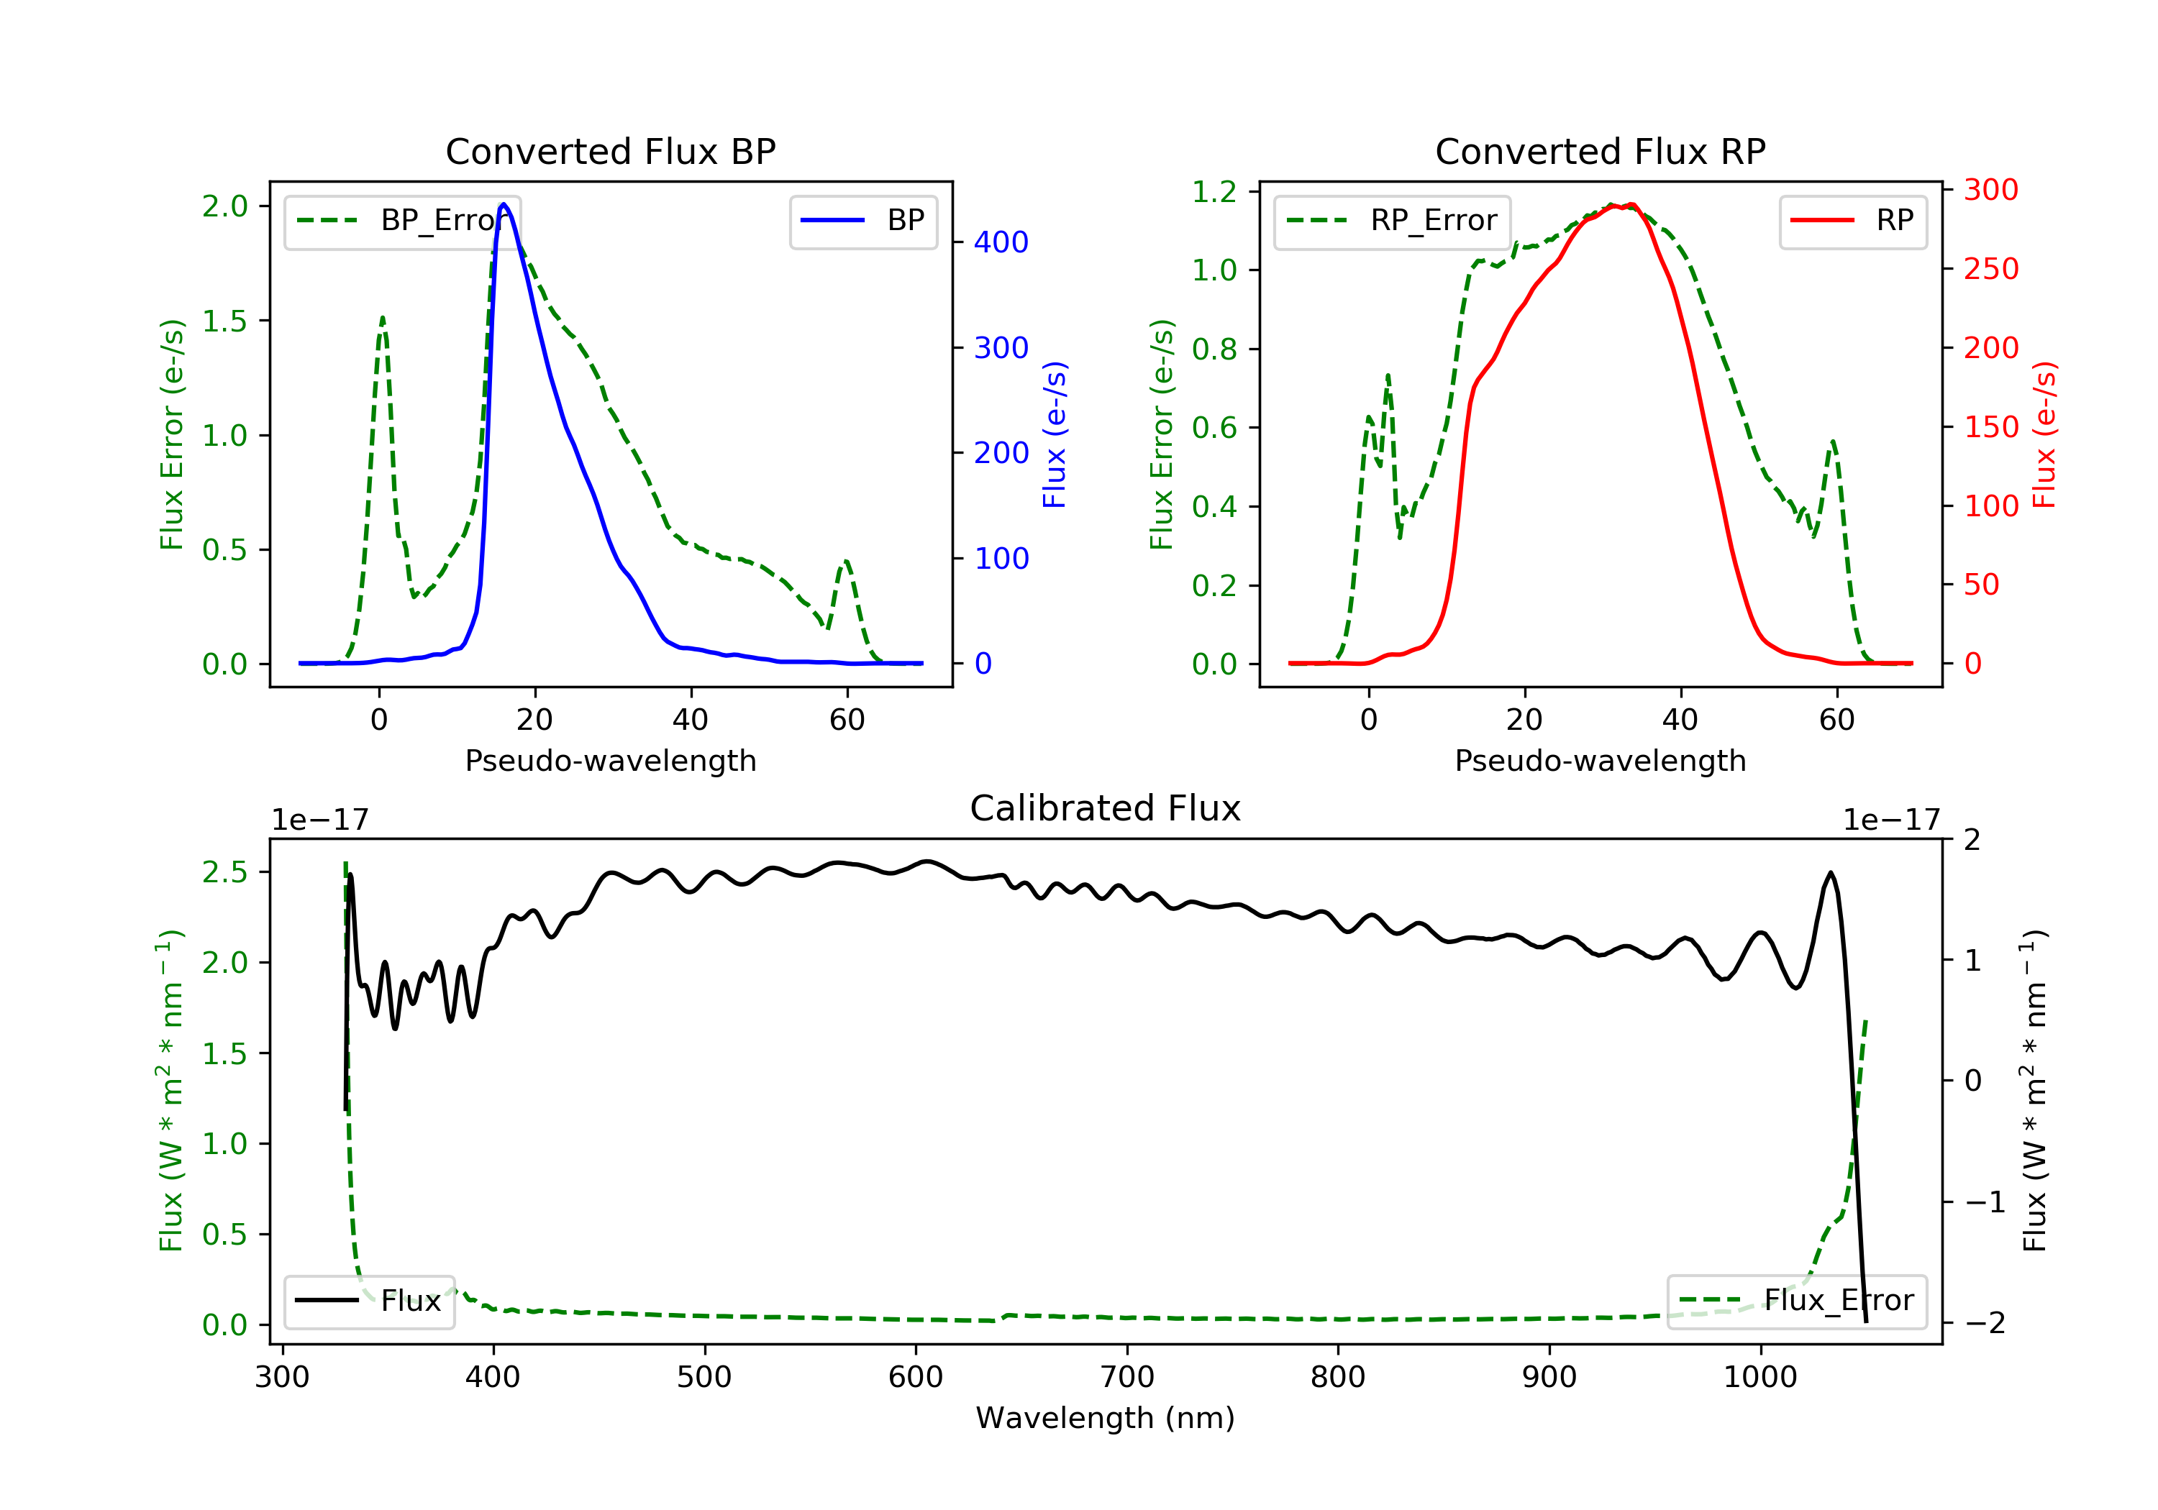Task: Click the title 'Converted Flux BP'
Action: [x=610, y=151]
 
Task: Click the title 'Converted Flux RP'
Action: [x=1600, y=151]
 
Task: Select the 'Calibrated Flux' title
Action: [x=1106, y=808]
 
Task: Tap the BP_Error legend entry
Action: [x=402, y=221]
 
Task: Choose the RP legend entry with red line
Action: [x=1852, y=221]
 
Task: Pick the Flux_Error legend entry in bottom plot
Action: [x=1796, y=1301]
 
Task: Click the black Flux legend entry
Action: [x=368, y=1301]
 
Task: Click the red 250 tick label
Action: [x=1990, y=269]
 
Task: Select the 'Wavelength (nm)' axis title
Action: [x=1106, y=1418]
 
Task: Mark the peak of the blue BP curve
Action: [x=504, y=204]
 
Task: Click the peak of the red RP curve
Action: [x=1631, y=205]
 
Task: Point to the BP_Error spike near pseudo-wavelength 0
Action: [x=381, y=318]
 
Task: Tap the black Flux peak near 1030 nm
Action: [x=1830, y=873]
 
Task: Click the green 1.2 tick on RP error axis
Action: [x=1214, y=192]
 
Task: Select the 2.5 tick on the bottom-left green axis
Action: [x=224, y=872]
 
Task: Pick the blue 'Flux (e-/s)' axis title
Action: [x=1055, y=435]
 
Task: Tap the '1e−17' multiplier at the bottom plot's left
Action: [x=319, y=820]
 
